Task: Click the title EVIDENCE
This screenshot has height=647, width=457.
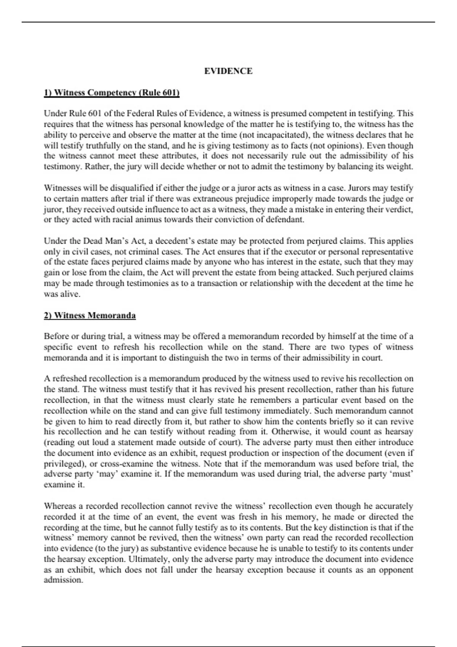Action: (x=228, y=71)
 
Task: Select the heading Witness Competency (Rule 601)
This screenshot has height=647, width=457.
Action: (x=112, y=93)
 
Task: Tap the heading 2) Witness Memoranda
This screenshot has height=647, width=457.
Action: (x=90, y=316)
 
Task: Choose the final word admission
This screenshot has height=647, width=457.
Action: (x=63, y=580)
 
